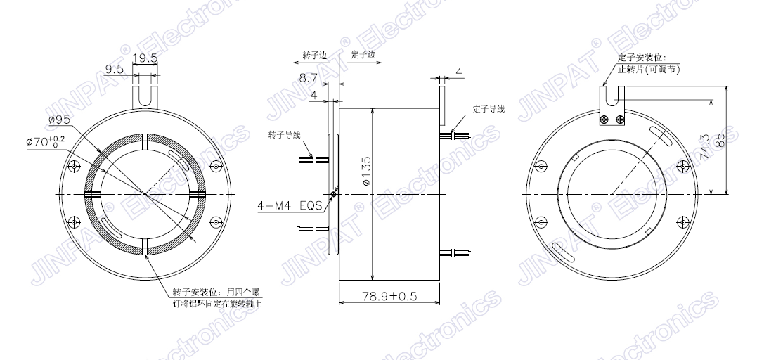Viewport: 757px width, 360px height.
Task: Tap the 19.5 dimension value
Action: tap(145, 58)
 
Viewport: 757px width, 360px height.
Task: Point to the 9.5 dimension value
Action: tap(115, 69)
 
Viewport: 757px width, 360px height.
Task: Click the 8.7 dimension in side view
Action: tap(309, 77)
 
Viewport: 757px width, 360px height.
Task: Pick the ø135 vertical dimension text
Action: tap(366, 170)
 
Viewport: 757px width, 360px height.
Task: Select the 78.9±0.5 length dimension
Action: tap(389, 296)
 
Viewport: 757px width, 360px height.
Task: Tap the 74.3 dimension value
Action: tap(704, 148)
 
